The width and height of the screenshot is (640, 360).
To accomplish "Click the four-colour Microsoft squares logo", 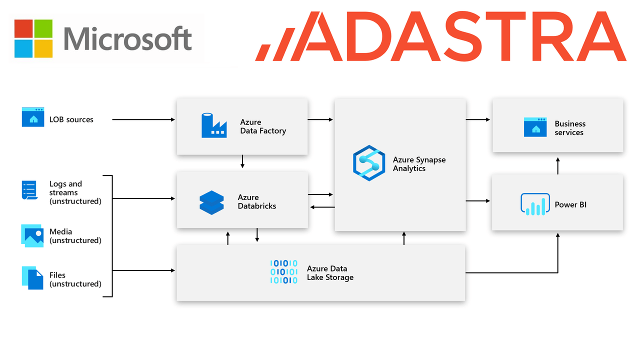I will [x=33, y=38].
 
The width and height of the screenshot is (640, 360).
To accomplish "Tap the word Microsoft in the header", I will [x=128, y=39].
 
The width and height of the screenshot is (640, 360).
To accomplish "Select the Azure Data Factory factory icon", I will [x=213, y=125].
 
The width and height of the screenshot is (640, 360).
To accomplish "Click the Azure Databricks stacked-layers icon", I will [x=211, y=202].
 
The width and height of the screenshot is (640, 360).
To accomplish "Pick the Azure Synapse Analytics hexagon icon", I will [x=369, y=163].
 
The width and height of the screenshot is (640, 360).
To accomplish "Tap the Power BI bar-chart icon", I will [x=535, y=204].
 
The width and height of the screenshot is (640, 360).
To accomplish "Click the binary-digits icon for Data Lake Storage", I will [x=283, y=272].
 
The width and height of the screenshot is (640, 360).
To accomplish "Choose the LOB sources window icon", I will [x=33, y=117].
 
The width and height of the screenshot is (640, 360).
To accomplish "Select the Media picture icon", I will [x=32, y=235].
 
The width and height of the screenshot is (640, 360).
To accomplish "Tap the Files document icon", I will [x=33, y=277].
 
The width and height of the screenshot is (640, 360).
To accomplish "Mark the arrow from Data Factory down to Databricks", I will [x=242, y=161].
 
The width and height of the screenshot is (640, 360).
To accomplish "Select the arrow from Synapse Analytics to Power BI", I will [x=478, y=201].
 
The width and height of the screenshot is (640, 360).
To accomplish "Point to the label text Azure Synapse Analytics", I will [x=419, y=164].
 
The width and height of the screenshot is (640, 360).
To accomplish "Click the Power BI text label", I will [x=570, y=204].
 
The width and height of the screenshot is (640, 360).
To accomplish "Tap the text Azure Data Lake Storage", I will [x=330, y=273].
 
